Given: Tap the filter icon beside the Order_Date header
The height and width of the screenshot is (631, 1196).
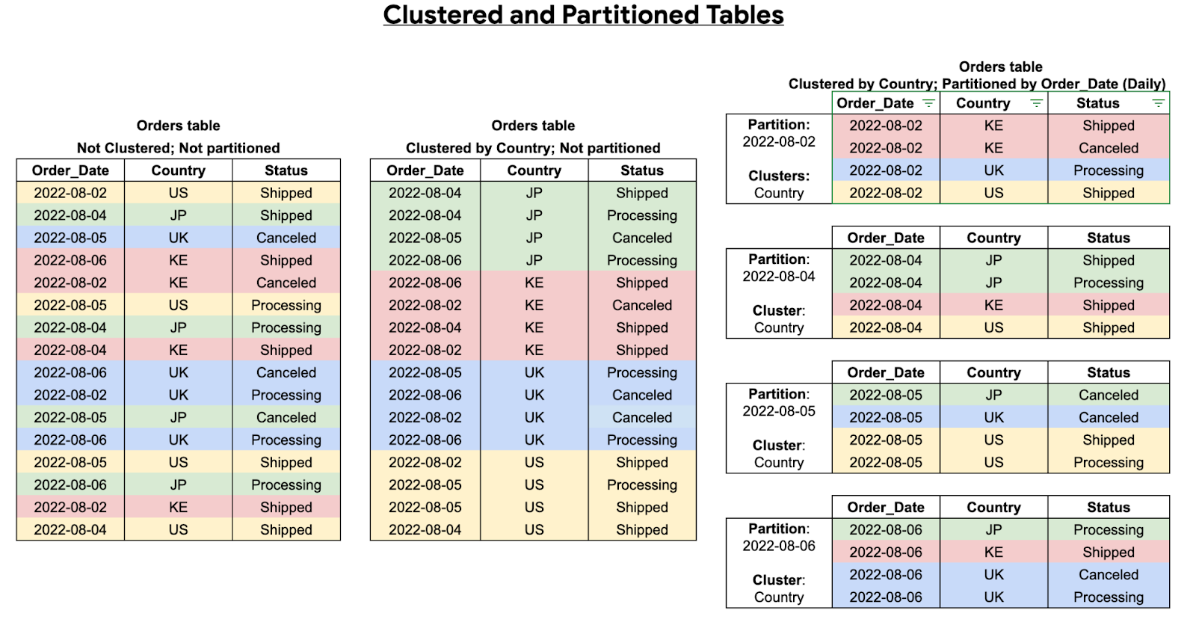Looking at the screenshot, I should (928, 103).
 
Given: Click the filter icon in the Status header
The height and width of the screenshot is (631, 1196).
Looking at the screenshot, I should (1158, 103).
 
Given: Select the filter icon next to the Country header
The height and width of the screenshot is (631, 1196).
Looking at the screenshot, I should (1036, 103).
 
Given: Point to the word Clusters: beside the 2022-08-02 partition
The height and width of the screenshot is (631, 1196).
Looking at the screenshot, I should (779, 176).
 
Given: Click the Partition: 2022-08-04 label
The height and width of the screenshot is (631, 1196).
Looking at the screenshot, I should (779, 268).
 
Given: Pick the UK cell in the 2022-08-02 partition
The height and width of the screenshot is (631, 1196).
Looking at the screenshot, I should (993, 170).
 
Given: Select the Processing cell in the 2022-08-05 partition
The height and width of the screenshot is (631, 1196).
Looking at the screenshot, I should (1108, 462).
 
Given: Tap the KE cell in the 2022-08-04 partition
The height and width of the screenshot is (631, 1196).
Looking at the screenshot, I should (993, 305).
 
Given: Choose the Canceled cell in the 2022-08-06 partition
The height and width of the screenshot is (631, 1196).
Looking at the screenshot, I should (1108, 574).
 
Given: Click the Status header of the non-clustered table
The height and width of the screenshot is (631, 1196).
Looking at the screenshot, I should (286, 170).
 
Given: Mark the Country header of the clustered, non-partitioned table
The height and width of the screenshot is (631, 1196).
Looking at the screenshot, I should (534, 170).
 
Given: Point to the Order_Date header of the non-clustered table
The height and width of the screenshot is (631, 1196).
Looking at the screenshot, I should (70, 170).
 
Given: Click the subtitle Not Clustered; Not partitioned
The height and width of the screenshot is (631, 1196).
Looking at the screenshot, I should (178, 148).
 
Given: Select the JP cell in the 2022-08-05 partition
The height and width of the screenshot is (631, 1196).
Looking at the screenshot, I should (993, 395).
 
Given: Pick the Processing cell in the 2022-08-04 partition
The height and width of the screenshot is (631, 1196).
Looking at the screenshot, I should (1108, 283).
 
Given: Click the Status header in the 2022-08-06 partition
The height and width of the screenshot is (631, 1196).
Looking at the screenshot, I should (1108, 507).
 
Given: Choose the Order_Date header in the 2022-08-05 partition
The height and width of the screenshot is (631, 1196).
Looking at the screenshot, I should (886, 372).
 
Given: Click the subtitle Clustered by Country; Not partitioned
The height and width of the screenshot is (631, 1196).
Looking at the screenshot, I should (533, 148).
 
